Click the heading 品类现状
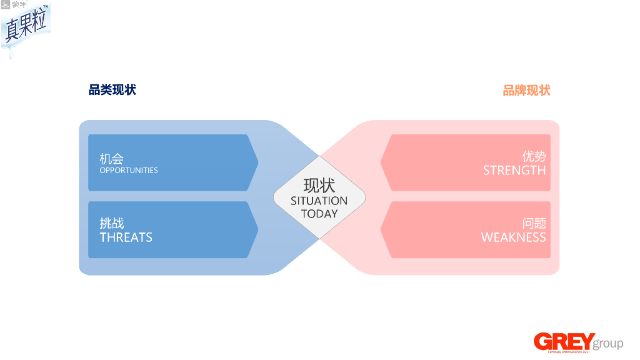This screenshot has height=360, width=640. pyautogui.click(x=112, y=90)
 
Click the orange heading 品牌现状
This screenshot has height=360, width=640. pyautogui.click(x=526, y=91)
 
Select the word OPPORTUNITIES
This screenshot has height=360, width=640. pyautogui.click(x=129, y=171)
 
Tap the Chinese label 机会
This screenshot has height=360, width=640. pyautogui.click(x=111, y=159)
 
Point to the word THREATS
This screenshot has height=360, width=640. pyautogui.click(x=126, y=237)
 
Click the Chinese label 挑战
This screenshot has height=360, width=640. pyautogui.click(x=112, y=223)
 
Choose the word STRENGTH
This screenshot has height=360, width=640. pyautogui.click(x=514, y=171)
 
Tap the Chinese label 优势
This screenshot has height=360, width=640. pyautogui.click(x=534, y=156)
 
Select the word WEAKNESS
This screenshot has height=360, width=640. pyautogui.click(x=513, y=237)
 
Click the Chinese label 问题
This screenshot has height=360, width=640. pyautogui.click(x=534, y=223)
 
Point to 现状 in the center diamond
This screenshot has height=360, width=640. pyautogui.click(x=319, y=186)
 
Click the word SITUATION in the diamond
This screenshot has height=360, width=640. pyautogui.click(x=319, y=201)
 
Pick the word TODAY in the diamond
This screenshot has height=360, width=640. pyautogui.click(x=319, y=214)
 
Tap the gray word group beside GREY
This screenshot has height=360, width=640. pyautogui.click(x=608, y=344)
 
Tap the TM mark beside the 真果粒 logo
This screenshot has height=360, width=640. pyautogui.click(x=46, y=6)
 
